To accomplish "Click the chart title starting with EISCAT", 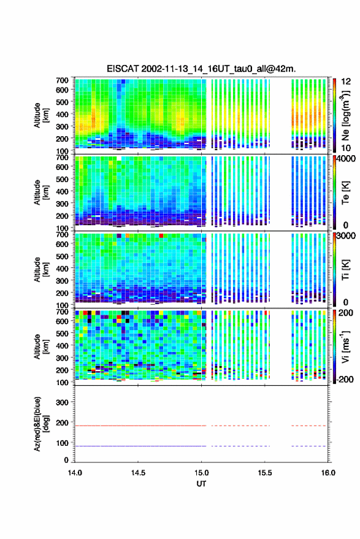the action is click(x=201, y=69).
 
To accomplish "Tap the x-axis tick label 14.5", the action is click(x=138, y=473).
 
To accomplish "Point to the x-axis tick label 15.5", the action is click(x=265, y=473).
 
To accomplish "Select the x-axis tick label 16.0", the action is click(x=328, y=473).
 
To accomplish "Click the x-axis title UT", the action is click(x=201, y=484).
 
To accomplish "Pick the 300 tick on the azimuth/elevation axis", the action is click(x=62, y=402).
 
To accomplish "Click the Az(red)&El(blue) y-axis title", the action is click(x=41, y=424).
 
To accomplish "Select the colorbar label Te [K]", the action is click(x=345, y=193).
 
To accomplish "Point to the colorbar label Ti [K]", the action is click(x=345, y=270).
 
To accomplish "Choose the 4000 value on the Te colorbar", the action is click(x=347, y=159).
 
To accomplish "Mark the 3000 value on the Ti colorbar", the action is click(x=347, y=236).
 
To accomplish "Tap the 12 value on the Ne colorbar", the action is click(x=346, y=82).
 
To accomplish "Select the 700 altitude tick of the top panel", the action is click(x=62, y=80).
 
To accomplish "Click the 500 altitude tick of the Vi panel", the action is click(x=62, y=334).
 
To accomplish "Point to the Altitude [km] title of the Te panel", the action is click(x=41, y=193).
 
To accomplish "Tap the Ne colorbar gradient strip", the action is click(x=334, y=115).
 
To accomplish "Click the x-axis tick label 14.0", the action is click(x=75, y=473).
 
